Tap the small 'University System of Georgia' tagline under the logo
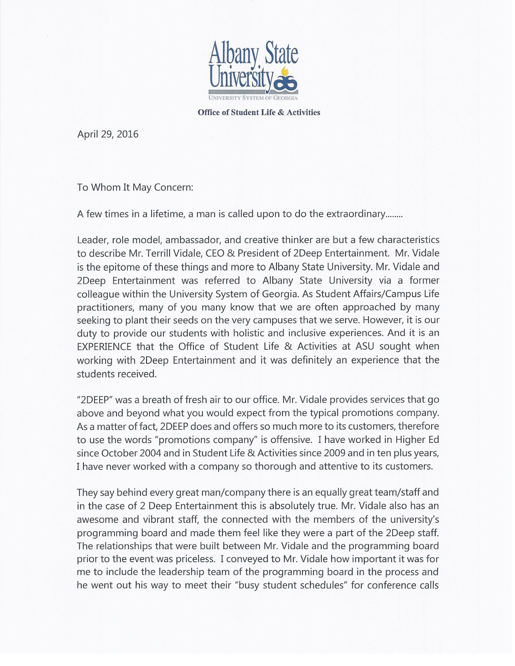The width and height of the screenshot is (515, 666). [x=253, y=98]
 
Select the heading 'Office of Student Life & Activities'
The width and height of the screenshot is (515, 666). [x=259, y=112]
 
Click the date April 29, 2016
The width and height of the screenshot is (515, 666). [x=108, y=134]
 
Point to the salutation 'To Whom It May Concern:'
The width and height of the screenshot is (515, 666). [x=135, y=187]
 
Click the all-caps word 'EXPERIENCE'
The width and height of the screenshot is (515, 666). [x=104, y=347]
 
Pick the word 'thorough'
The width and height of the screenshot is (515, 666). [x=275, y=466]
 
